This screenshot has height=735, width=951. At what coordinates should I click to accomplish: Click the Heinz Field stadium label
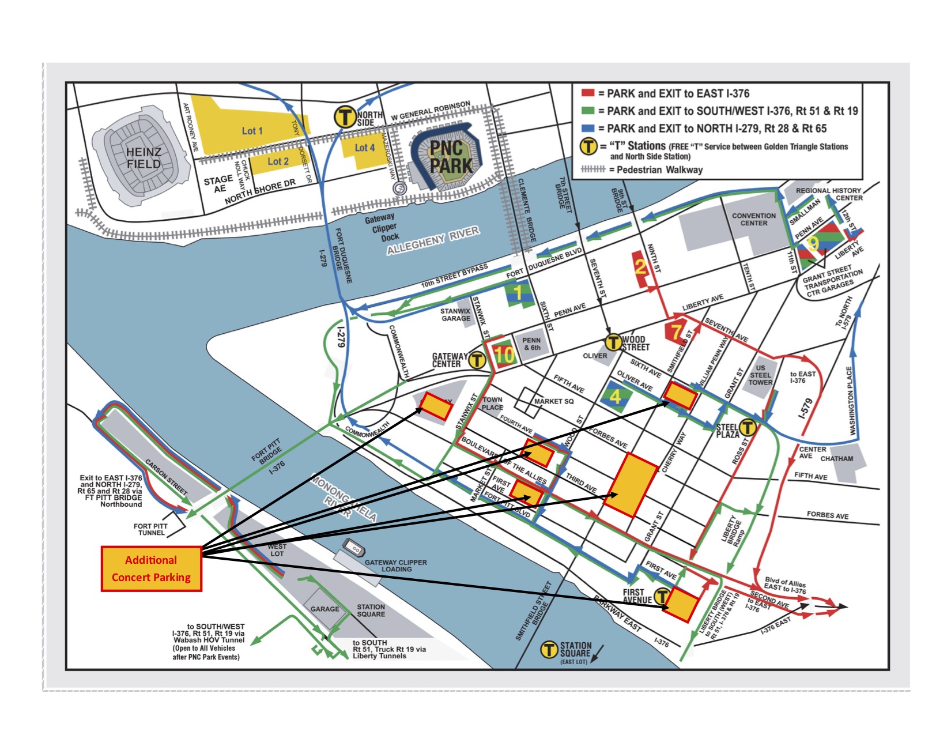144,158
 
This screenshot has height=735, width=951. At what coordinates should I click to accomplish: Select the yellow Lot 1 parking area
252,131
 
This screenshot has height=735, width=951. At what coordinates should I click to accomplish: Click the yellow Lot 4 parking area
364,148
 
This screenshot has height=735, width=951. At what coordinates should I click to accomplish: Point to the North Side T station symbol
345,117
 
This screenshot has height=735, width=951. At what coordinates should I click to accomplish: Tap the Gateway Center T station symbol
477,360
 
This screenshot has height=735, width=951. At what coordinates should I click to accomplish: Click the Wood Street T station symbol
613,342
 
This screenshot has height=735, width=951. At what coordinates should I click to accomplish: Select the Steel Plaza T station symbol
747,427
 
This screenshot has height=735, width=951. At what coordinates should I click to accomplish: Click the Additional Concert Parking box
151,568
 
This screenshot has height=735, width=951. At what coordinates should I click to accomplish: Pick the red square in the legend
587,93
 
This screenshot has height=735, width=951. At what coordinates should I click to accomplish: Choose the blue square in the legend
587,129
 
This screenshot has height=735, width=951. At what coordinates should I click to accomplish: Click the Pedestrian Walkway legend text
659,169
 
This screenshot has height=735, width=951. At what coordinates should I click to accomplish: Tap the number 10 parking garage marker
504,355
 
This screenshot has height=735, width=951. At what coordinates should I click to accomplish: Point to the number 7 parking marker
675,331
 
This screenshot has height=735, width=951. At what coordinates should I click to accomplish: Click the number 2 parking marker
640,266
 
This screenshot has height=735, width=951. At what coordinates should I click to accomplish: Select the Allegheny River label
432,240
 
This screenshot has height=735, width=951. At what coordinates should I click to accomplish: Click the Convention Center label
753,219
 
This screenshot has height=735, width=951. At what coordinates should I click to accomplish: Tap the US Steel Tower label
760,375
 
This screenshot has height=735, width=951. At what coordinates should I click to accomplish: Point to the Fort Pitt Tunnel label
150,529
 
